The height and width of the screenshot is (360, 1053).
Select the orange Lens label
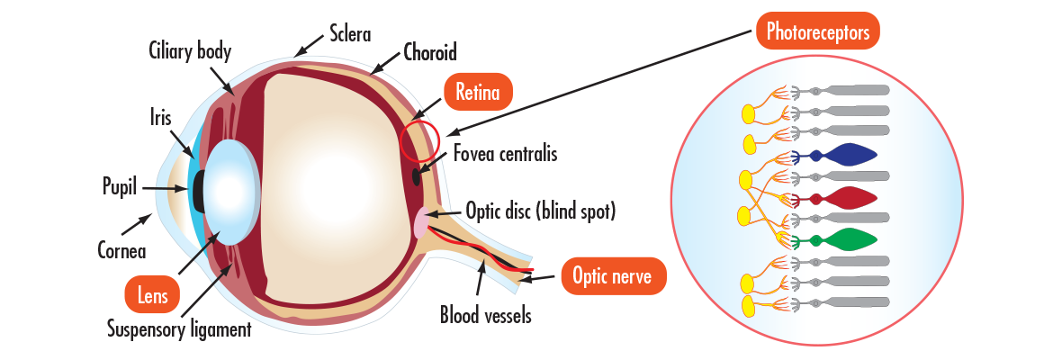(x=150, y=293)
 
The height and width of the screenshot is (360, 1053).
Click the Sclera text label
(x=350, y=35)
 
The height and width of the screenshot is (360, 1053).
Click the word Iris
(x=162, y=116)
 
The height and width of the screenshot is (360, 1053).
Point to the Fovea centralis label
(x=505, y=154)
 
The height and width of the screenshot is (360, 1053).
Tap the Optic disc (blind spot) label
(x=540, y=212)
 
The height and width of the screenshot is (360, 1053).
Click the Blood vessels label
(x=485, y=315)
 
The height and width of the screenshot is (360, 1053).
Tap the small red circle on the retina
(x=419, y=139)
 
